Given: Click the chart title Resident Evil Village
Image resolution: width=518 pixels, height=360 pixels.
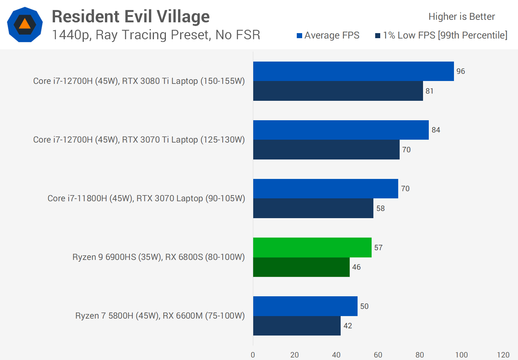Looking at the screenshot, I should pos(131,17).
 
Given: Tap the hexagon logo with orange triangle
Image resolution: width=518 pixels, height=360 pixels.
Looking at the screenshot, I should pos(25,24).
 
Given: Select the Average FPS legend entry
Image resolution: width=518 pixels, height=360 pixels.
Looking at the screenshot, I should pos(328,35).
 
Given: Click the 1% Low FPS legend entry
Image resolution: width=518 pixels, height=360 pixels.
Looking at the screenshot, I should pos(441,35).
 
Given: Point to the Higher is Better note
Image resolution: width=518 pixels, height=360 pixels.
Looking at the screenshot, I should pos(462,17).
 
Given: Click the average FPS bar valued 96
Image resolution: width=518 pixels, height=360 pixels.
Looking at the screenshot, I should pos(353,71).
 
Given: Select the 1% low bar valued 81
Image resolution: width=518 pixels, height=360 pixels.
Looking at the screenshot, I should pos(338,91).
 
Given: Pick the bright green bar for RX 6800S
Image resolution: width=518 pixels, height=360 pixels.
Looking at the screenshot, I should pos(312,247).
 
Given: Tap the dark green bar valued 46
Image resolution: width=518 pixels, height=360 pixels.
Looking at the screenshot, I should pos(301,267).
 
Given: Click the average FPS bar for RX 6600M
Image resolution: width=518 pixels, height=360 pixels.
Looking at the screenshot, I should pos(305,306).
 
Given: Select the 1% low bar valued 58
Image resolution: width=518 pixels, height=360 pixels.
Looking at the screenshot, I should pos(313,208).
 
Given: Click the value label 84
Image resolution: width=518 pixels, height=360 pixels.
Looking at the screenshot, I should pos(436,130).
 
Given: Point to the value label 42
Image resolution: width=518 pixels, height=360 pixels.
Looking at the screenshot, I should pos(347,326).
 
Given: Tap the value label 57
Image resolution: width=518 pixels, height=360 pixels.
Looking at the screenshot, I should pos(378,248).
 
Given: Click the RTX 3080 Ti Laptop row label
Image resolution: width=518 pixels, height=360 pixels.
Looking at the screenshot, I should pos(139,81).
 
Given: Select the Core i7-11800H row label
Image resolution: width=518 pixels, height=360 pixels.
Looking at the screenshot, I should pos(146,198).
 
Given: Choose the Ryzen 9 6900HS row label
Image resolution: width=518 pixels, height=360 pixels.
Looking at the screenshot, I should pos(158,257).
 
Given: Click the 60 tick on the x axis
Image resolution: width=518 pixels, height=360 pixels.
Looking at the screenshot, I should pos(378,355).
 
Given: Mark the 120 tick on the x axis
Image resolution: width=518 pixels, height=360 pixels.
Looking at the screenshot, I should pos(503,355).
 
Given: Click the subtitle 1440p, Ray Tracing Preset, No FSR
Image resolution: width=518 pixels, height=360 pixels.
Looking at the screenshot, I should pos(156,35).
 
